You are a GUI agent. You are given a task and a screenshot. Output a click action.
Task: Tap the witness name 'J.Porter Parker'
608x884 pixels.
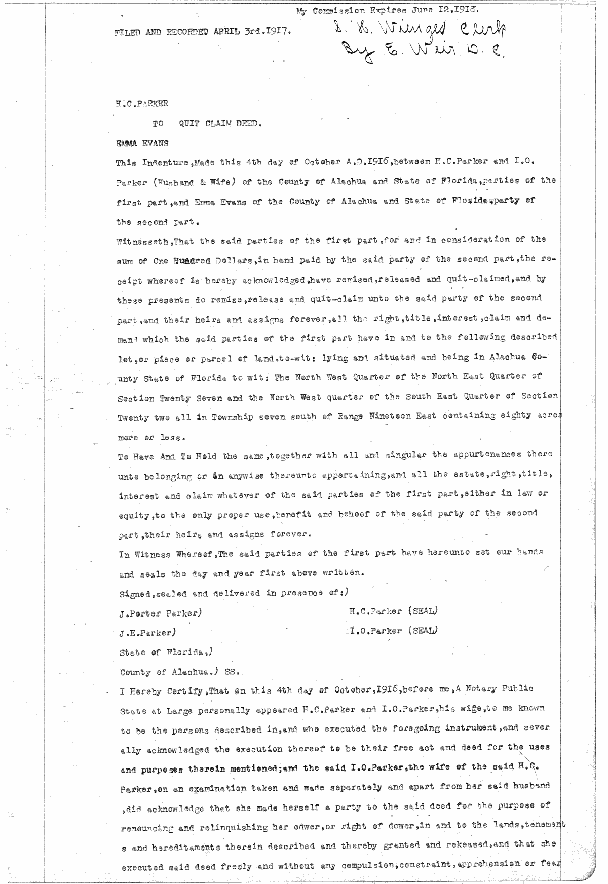(159, 613)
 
